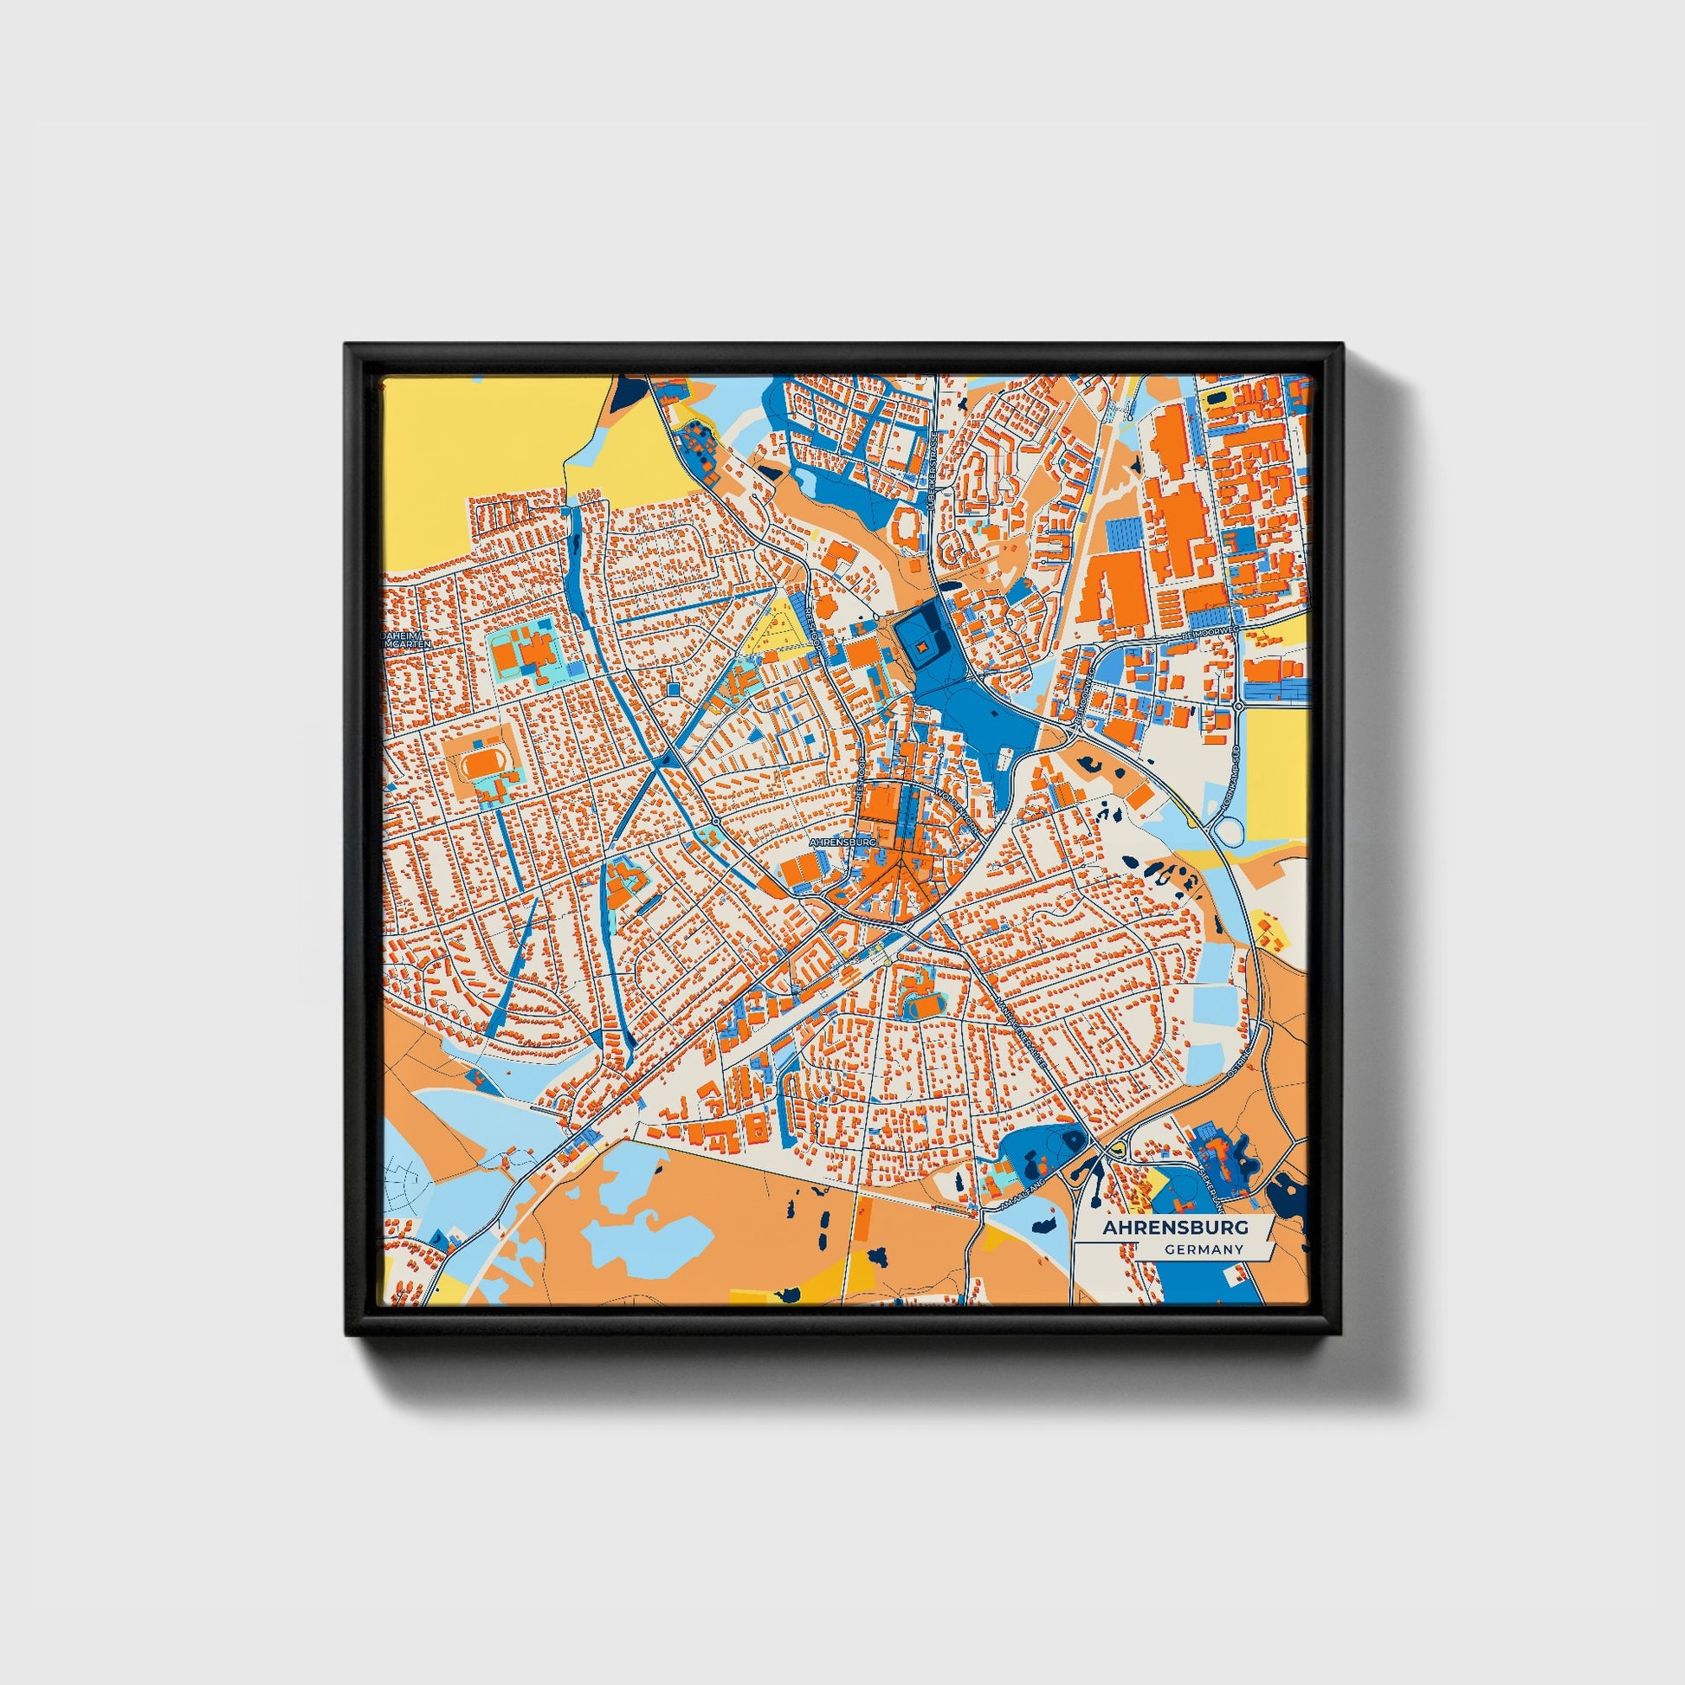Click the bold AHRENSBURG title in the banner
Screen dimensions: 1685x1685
1175,1227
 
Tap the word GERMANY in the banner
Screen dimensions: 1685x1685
1203,1249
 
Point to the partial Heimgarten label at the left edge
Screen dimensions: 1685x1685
403,642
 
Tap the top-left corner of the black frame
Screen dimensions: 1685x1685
347,345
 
